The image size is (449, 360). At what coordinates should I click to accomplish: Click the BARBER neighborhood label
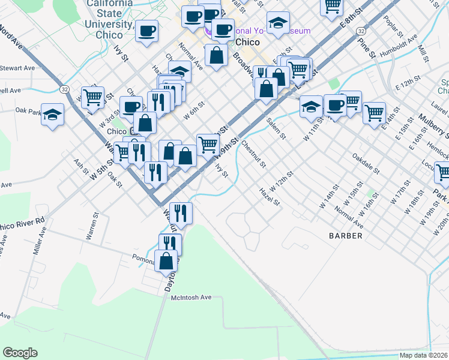point(345,236)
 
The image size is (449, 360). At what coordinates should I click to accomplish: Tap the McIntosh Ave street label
point(191,297)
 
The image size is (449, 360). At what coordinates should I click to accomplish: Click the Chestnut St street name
point(253,154)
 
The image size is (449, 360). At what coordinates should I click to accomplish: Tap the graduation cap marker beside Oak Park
point(53,114)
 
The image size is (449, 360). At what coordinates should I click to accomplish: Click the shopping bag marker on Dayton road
point(166,261)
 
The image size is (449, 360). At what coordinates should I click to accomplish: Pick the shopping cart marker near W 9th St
point(208,143)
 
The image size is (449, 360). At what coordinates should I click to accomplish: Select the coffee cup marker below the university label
point(146,31)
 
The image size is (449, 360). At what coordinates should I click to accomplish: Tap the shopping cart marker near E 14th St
point(374,112)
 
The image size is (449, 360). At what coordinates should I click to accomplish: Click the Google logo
point(20,353)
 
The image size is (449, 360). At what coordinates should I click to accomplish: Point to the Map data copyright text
point(424,355)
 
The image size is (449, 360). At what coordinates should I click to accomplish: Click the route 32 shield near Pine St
point(360,30)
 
